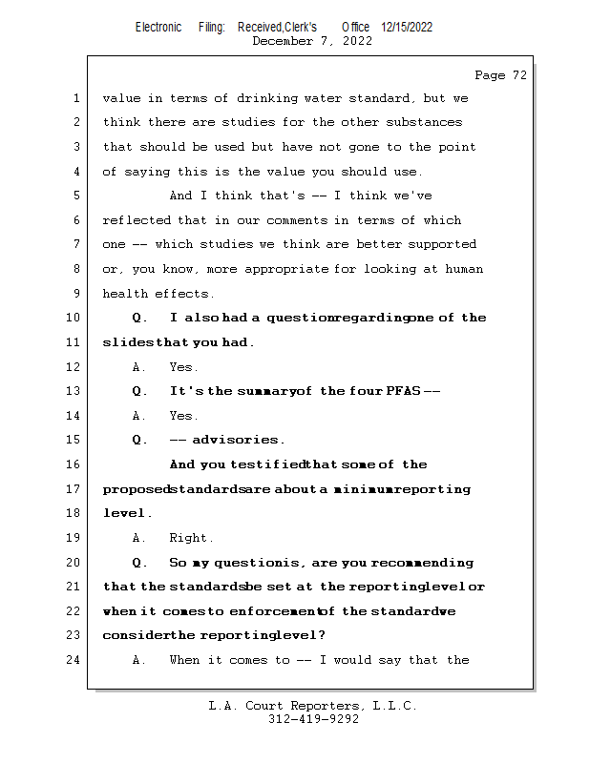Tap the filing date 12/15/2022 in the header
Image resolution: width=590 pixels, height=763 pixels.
tap(407, 28)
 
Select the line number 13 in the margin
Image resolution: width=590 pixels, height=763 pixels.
tap(75, 391)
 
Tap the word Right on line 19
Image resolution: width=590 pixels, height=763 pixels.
tap(192, 538)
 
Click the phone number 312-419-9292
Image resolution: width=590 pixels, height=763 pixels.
tap(313, 719)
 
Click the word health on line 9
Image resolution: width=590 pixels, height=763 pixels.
tap(124, 294)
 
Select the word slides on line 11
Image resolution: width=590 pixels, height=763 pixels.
tap(123, 342)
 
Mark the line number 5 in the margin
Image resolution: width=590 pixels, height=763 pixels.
tap(75, 196)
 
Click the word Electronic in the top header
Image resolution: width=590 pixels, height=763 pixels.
tap(158, 28)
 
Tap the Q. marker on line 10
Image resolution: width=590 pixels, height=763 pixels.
tap(140, 318)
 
